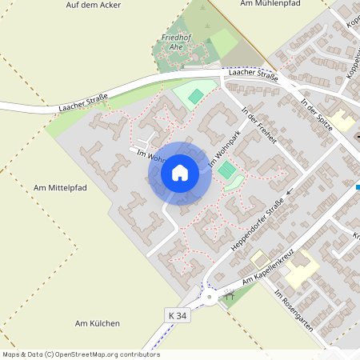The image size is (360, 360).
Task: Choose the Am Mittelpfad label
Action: pyautogui.click(x=60, y=187)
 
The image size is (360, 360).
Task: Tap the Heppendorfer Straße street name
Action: pyautogui.click(x=258, y=226)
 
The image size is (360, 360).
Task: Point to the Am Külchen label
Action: pyautogui.click(x=97, y=323)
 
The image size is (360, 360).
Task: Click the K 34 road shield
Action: pyautogui.click(x=178, y=316)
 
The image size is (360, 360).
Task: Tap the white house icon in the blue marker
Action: pyautogui.click(x=180, y=173)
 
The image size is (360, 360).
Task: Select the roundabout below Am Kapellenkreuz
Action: pyautogui.click(x=212, y=299)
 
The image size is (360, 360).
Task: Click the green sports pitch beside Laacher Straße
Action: pyautogui.click(x=195, y=96)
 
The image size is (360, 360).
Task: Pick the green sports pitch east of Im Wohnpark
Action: pyautogui.click(x=228, y=170)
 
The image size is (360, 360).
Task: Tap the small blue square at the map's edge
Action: pyautogui.click(x=357, y=187)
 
